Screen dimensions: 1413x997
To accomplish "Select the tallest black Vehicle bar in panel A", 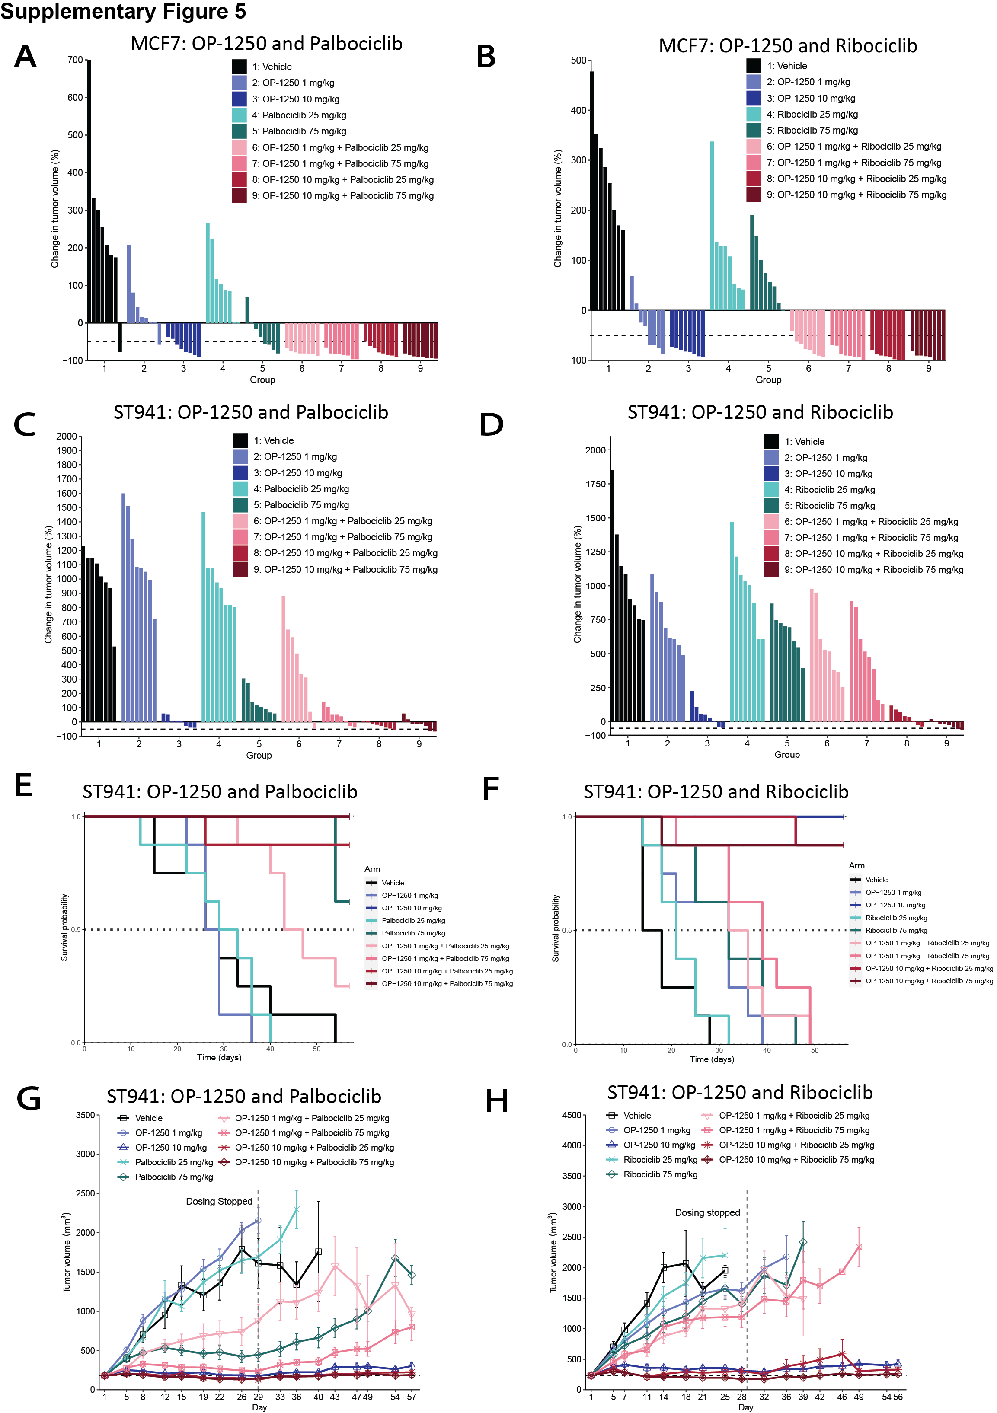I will pyautogui.click(x=89, y=191).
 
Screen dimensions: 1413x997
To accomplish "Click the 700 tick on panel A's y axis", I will pyautogui.click(x=75, y=61).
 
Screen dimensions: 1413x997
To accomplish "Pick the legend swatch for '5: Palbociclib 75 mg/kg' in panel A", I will pyautogui.click(x=240, y=131).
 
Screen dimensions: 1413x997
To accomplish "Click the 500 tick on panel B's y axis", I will pyautogui.click(x=578, y=61).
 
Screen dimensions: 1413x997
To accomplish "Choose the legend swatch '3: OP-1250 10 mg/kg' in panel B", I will pyautogui.click(x=754, y=98).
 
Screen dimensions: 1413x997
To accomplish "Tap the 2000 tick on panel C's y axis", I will pyautogui.click(x=67, y=436).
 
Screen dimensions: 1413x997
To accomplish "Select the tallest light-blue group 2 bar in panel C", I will pyautogui.click(x=124, y=607).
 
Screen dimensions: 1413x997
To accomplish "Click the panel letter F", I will pyautogui.click(x=490, y=788).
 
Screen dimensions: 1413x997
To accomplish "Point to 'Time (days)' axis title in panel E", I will pyautogui.click(x=219, y=1057).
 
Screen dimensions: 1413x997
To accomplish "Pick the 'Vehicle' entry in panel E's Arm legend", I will pyautogui.click(x=393, y=883).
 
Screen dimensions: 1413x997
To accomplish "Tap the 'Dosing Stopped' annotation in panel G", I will pyautogui.click(x=219, y=1201).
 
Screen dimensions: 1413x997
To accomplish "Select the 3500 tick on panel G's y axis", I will pyautogui.click(x=86, y=1115).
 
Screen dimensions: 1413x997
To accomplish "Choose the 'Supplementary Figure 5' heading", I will pyautogui.click(x=123, y=11).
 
